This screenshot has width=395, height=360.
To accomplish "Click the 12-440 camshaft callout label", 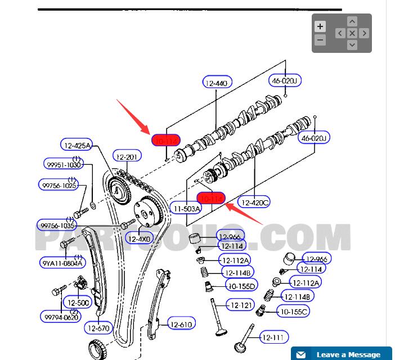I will (x=217, y=83).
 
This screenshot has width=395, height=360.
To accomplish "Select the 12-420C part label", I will (x=255, y=202).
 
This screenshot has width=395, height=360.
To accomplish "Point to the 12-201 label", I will (x=127, y=156).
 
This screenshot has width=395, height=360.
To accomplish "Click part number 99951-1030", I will (x=62, y=164).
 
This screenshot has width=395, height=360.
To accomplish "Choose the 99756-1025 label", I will (x=58, y=185).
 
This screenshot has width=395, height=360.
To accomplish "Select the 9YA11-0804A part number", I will (x=62, y=263).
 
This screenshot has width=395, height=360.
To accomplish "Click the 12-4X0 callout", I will (x=139, y=238).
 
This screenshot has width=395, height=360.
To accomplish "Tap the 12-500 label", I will (x=78, y=303).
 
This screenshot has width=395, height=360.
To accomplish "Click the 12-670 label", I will (x=98, y=327).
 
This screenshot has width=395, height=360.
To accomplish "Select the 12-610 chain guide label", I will (x=181, y=324).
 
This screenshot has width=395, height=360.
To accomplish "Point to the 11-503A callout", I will (x=186, y=209).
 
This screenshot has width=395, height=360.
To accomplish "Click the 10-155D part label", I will (x=241, y=286).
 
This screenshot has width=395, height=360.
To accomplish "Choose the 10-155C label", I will (x=294, y=311).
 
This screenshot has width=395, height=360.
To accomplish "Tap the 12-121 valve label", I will (x=242, y=305).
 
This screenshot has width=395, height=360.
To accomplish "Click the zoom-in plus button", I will (x=320, y=26).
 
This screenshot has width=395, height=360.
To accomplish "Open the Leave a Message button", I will (x=341, y=354).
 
